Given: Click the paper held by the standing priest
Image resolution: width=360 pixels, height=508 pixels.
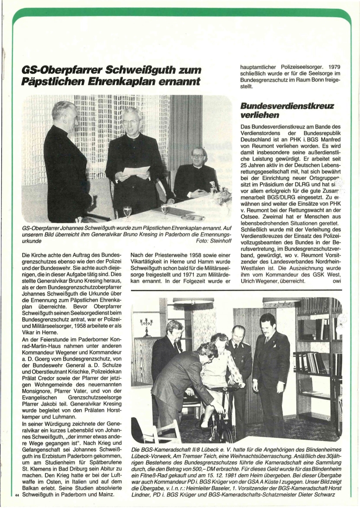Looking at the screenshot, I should [x=136, y=171].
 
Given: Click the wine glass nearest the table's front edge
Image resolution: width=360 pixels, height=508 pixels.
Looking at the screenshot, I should [x=127, y=212].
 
